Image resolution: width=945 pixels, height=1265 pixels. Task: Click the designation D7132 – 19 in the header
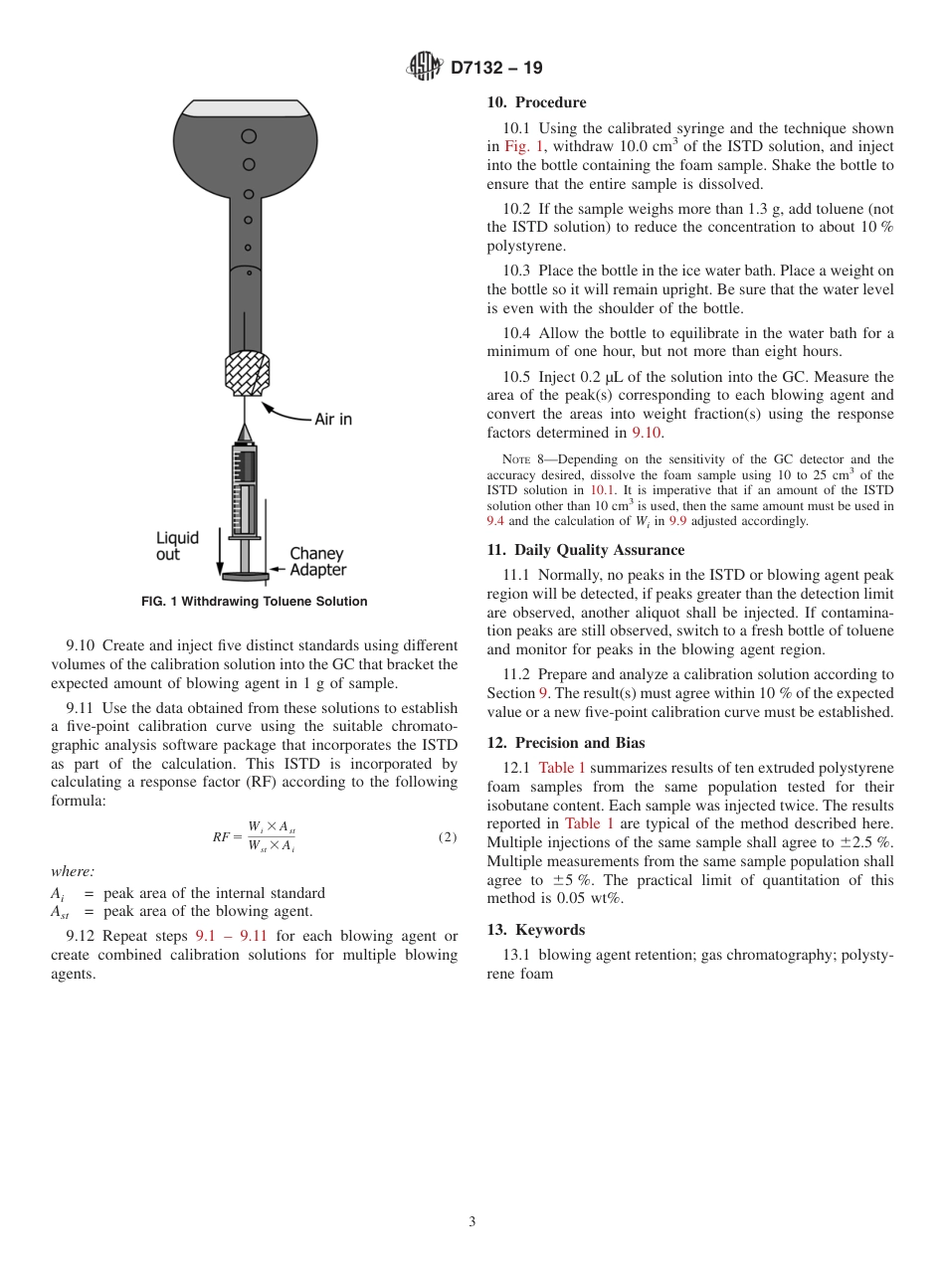[x=496, y=69]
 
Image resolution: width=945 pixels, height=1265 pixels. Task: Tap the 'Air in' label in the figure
[x=332, y=420]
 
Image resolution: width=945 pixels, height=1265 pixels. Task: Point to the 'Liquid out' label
[x=177, y=546]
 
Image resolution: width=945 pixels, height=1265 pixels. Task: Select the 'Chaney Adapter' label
[x=317, y=562]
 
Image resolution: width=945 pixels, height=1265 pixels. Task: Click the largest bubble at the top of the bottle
[x=249, y=136]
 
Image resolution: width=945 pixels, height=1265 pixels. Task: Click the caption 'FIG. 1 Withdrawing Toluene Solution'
[x=254, y=602]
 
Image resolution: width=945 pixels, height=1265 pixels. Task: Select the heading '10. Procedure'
[x=536, y=102]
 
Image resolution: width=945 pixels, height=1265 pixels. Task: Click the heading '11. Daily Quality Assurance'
[x=585, y=550]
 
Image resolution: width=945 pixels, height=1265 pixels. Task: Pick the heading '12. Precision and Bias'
[x=565, y=743]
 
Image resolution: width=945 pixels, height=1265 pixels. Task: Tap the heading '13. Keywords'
[x=535, y=930]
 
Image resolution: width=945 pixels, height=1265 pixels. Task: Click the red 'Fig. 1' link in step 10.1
[x=523, y=147]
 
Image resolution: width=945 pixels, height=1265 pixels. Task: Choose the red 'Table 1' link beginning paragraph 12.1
[x=562, y=768]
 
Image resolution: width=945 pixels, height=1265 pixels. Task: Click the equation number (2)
[x=447, y=837]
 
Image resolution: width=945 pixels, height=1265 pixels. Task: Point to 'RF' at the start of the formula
[x=222, y=837]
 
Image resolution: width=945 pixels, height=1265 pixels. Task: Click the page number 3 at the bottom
[x=472, y=1222]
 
